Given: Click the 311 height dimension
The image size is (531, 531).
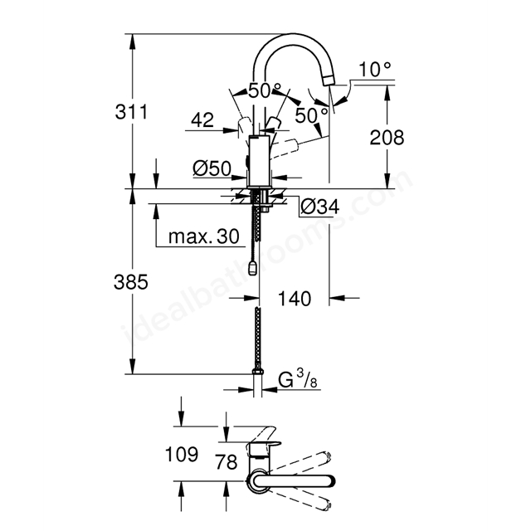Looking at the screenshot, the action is [131, 112].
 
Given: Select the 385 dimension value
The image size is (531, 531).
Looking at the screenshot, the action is [131, 282].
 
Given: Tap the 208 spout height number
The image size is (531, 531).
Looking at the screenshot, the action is [387, 138].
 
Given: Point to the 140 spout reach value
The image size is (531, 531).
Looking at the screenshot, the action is [295, 299].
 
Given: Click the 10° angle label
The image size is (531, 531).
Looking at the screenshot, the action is [375, 70].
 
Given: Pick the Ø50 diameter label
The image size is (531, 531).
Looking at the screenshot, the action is [212, 168].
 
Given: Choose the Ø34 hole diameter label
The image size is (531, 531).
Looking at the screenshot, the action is [319, 207].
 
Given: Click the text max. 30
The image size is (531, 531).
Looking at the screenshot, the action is [204, 236].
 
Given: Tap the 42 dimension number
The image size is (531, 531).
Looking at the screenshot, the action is [202, 120].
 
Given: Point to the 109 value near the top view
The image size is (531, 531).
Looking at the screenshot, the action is [182, 454].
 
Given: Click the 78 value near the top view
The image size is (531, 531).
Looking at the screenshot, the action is [227, 462].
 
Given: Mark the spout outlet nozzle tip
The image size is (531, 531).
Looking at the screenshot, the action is [329, 80].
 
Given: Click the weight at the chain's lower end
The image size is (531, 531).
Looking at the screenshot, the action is [252, 268].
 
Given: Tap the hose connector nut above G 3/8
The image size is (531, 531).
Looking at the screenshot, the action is [258, 372].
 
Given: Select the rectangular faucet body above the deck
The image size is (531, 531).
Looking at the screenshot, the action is [259, 161].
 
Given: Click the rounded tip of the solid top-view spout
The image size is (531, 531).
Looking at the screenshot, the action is [331, 481].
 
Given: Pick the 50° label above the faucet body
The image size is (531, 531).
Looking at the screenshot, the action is [265, 90].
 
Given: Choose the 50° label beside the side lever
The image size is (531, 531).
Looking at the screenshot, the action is [311, 115].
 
